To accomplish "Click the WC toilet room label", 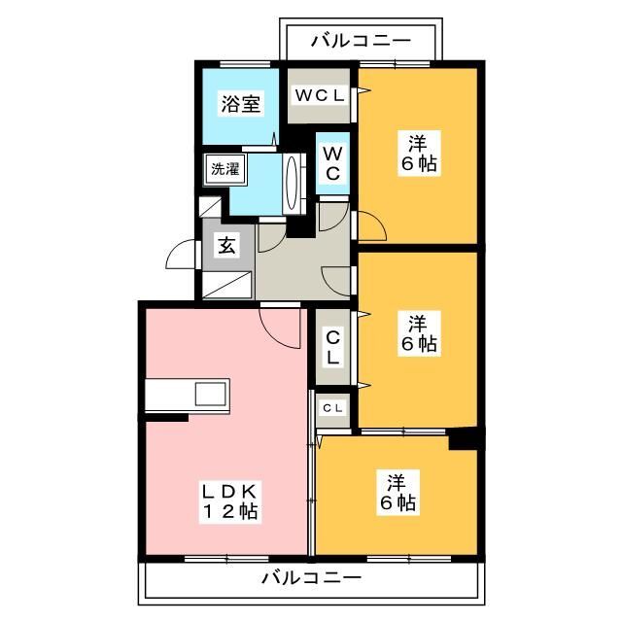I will [x=331, y=163].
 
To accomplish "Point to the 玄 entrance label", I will [x=225, y=245].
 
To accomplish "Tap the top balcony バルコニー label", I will [x=361, y=41].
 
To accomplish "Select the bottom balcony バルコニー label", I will [x=311, y=577].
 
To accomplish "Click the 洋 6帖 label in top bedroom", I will [x=419, y=154].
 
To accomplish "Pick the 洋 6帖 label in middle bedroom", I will [x=419, y=332].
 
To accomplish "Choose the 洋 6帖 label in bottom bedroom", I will [x=398, y=492].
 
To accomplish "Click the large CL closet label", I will [x=332, y=347].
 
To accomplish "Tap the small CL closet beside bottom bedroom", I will [x=331, y=407].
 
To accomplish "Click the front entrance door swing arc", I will [x=182, y=257].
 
